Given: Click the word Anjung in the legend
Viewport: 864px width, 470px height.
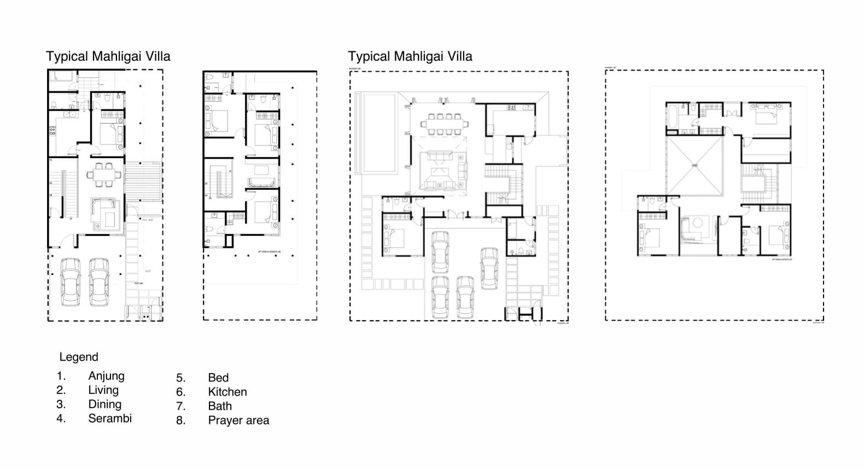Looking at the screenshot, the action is [x=106, y=376].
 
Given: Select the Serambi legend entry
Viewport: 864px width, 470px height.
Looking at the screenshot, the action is [x=110, y=419].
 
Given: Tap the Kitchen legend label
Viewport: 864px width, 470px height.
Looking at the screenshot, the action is [x=227, y=392].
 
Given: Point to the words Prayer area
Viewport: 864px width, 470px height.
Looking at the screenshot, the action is [x=238, y=420].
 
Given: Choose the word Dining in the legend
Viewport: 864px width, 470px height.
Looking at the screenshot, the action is [x=104, y=404].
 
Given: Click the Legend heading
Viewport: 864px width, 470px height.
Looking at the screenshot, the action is [x=79, y=357].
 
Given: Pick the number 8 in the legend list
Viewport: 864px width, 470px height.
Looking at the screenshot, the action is [x=180, y=420].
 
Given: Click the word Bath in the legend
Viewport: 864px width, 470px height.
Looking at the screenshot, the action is [x=220, y=406].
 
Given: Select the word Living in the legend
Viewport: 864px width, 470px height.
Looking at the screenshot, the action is [x=103, y=390].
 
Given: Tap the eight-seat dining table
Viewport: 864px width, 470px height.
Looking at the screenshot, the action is [x=444, y=124].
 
